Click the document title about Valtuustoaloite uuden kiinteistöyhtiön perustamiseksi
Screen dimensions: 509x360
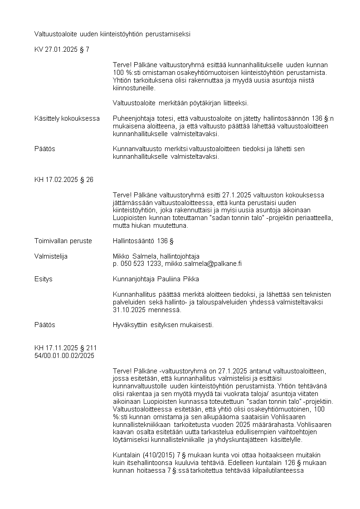tap(112, 34)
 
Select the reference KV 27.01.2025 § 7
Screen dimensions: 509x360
tap(62, 49)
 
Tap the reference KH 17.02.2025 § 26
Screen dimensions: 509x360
tap(64, 180)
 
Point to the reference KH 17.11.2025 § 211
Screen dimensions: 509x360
tap(66, 348)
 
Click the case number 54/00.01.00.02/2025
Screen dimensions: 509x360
tap(64, 356)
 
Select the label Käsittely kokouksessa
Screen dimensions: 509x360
tap(67, 118)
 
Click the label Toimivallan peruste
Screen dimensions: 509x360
tap(63, 241)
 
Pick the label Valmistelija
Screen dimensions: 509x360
tap(51, 256)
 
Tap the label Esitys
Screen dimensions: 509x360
tap(44, 279)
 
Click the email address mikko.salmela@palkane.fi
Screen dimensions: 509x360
tap(203, 264)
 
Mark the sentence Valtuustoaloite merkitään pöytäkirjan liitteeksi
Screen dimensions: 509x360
tap(180, 103)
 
